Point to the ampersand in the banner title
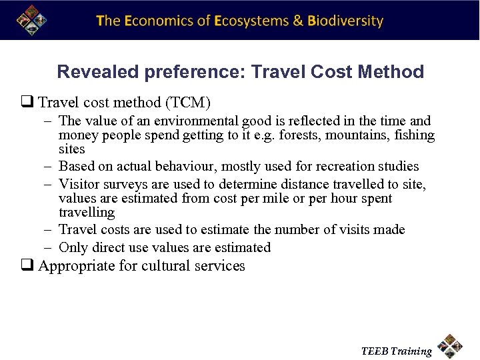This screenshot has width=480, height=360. click(x=298, y=21)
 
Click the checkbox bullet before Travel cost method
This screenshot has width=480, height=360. click(x=30, y=103)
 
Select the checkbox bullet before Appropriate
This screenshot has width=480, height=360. click(x=30, y=267)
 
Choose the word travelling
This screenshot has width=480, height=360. click(x=87, y=213)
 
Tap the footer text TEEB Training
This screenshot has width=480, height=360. click(x=396, y=351)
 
